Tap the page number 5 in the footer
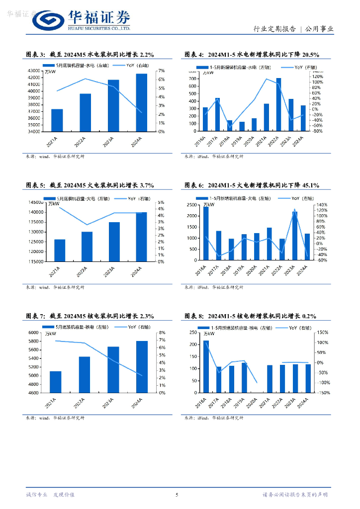177,495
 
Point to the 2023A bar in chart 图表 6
295,236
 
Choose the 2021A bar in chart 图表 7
56,382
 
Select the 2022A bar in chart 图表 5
87,246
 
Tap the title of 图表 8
250,316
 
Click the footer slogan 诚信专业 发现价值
50,495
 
